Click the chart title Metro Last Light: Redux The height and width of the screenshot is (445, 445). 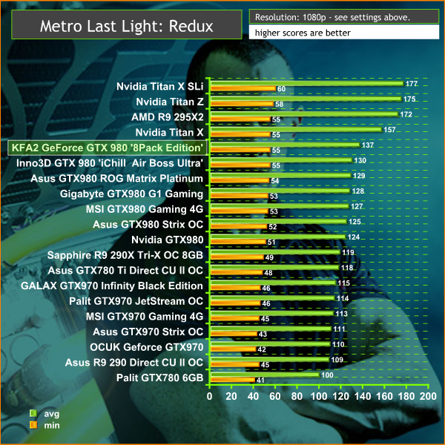(x=126, y=27)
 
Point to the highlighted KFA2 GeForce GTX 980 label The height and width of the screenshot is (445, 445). (x=106, y=147)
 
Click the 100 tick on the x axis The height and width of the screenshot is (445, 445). (x=319, y=397)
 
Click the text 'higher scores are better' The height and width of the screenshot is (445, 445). (x=300, y=33)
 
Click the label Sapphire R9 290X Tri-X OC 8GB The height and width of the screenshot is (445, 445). (x=125, y=254)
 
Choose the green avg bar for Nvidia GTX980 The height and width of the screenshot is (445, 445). (x=277, y=237)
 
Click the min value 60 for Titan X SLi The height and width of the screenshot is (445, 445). (x=281, y=89)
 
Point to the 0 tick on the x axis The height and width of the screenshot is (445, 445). (x=210, y=397)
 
